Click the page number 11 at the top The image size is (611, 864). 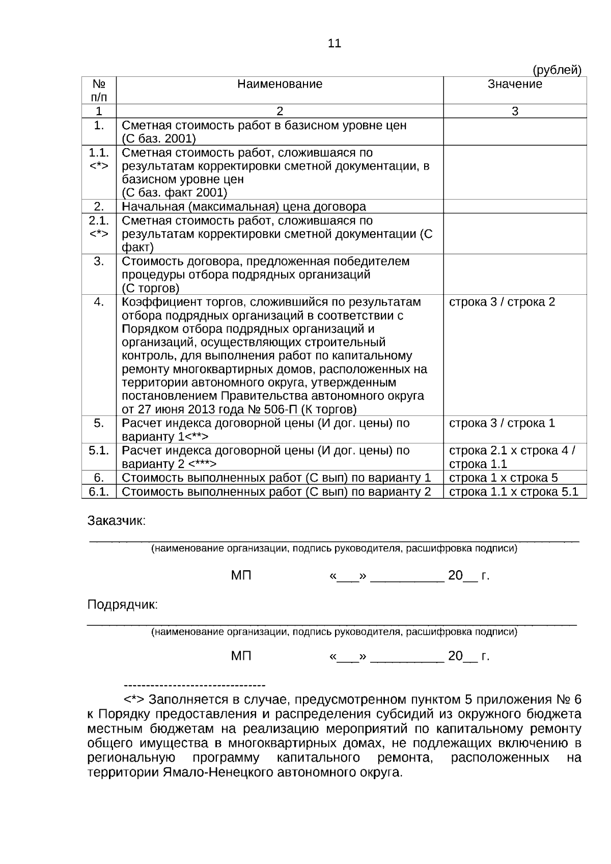[x=334, y=43]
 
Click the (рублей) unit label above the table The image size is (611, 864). [x=557, y=70]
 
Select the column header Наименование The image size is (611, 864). [x=280, y=84]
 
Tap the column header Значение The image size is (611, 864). [x=515, y=84]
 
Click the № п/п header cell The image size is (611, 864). [x=99, y=90]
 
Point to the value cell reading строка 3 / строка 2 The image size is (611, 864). [x=502, y=302]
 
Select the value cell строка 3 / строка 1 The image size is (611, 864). [x=502, y=423]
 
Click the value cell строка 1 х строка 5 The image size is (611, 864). [x=503, y=478]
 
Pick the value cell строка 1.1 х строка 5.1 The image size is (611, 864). [x=513, y=491]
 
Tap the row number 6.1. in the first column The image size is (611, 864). [x=99, y=491]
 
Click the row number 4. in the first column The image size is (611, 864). [x=99, y=302]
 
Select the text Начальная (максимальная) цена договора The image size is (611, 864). [x=244, y=207]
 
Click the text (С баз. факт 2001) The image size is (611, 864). [x=174, y=192]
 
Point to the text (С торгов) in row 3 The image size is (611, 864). [x=151, y=288]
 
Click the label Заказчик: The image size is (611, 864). [x=117, y=521]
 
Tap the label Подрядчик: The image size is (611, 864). [x=123, y=605]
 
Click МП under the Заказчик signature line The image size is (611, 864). [x=241, y=576]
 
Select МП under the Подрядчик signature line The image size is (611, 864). [x=241, y=656]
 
